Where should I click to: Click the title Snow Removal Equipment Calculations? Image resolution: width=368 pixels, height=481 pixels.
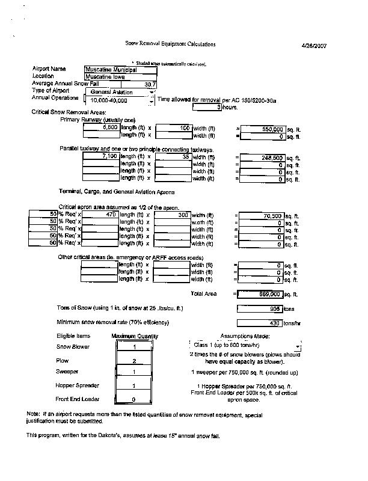pyautogui.click(x=170, y=44)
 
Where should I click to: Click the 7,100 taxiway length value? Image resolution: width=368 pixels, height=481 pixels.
pyautogui.click(x=100, y=157)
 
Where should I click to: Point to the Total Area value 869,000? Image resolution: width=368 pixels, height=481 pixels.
pyautogui.click(x=260, y=294)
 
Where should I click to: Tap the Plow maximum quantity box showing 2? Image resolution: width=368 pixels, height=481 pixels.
pyautogui.click(x=135, y=361)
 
